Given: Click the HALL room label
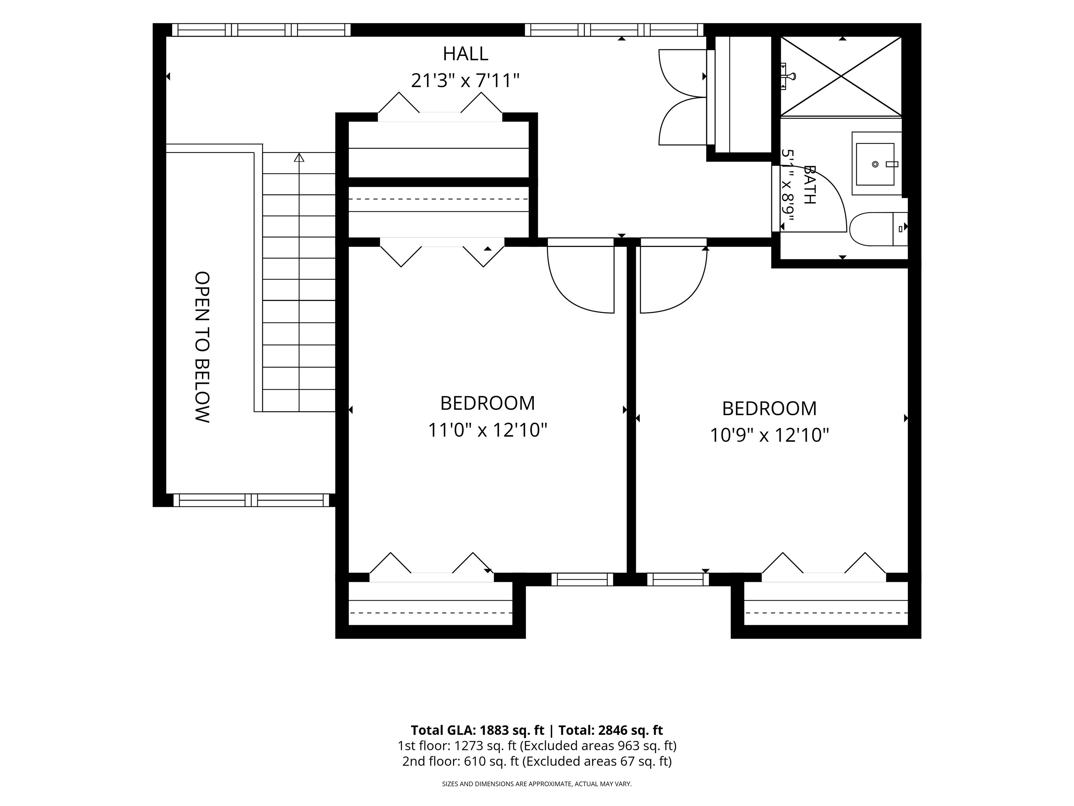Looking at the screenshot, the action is point(465,54).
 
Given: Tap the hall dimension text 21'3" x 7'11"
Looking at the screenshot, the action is point(465,80).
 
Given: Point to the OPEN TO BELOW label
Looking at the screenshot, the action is point(202,347).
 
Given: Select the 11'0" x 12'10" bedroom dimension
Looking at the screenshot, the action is point(487,430).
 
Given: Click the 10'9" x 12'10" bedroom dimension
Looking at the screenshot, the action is point(769,435).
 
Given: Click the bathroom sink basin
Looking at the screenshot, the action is point(875,164).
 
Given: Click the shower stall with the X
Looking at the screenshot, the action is point(840,76).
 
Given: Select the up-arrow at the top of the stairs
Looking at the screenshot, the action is point(299,157).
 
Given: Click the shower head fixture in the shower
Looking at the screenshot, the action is point(788,76).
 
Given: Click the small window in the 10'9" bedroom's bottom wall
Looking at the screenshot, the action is point(678,580).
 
